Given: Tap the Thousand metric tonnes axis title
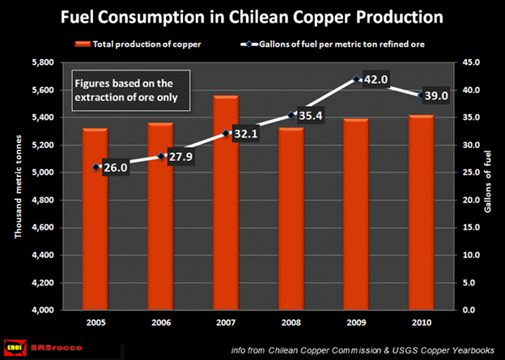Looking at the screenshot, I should (17, 185).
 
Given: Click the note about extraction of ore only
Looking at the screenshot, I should (129, 89).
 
